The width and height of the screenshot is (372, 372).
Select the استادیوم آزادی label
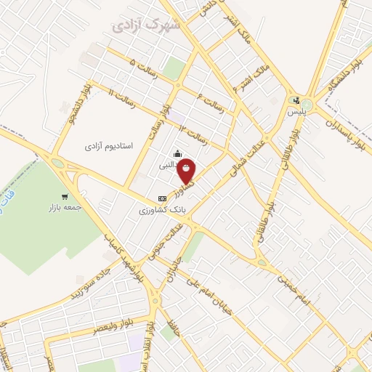coord(108,146)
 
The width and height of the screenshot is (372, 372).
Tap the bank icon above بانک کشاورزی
coord(161,198)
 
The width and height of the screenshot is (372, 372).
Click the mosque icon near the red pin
coord(178,153)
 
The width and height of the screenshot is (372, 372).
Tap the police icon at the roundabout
coord(296,101)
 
